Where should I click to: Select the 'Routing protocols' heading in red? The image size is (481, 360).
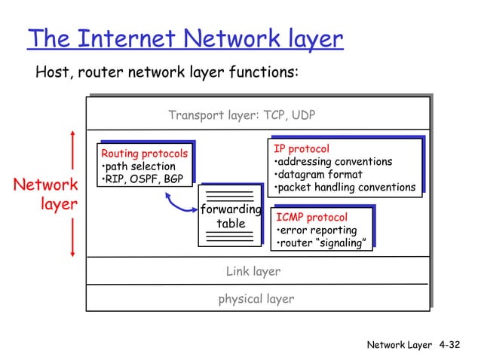(x=144, y=154)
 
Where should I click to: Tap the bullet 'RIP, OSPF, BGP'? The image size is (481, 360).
(x=143, y=178)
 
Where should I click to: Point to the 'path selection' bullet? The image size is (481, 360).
(x=139, y=166)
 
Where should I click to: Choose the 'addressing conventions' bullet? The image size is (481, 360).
(x=333, y=162)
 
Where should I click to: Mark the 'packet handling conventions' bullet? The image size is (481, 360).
(x=345, y=188)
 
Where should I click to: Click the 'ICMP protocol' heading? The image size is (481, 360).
(x=312, y=217)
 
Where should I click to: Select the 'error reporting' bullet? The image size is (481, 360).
(x=317, y=230)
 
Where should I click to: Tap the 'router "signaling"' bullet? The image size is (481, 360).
(x=323, y=243)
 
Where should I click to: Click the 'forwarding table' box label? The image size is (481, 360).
(x=231, y=216)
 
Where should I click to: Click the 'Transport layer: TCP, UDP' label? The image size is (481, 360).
(x=242, y=115)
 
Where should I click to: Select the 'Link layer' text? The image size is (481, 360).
(x=253, y=271)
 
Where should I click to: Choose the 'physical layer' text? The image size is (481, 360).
(x=256, y=299)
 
